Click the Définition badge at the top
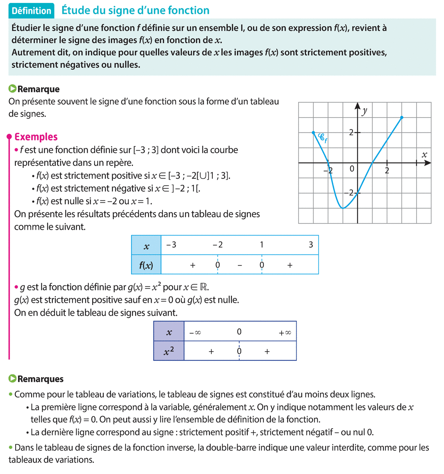click(31, 11)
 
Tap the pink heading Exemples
click(36, 137)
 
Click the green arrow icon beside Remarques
click(13, 379)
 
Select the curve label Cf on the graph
click(323, 138)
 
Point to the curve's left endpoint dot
click(313, 132)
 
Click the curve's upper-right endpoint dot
click(402, 118)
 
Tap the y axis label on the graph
click(364, 111)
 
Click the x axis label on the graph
click(424, 155)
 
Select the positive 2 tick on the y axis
click(351, 132)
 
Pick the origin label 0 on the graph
click(352, 169)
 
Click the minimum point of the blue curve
click(343, 209)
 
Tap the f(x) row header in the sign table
click(146, 265)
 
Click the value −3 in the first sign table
click(171, 245)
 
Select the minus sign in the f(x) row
click(240, 265)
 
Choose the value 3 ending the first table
click(311, 245)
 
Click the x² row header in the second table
click(169, 351)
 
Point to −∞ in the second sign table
click(195, 333)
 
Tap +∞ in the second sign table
click(285, 333)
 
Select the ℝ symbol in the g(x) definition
click(204, 287)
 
